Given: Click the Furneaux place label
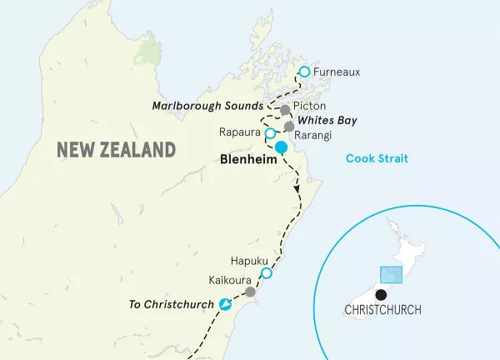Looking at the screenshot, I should pyautogui.click(x=338, y=72).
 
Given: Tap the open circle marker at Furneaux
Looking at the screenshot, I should pyautogui.click(x=304, y=72).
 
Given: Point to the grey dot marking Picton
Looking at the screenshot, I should pyautogui.click(x=286, y=110).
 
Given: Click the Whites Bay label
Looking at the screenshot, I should pyautogui.click(x=327, y=121).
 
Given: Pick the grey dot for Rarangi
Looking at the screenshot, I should pyautogui.click(x=289, y=127).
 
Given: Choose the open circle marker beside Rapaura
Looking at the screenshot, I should pyautogui.click(x=269, y=133).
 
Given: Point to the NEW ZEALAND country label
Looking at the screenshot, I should pyautogui.click(x=116, y=150).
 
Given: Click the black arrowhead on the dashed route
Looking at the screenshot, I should pyautogui.click(x=297, y=192).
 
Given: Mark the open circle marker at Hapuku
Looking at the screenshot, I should pyautogui.click(x=267, y=273).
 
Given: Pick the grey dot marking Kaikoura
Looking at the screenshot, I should pyautogui.click(x=250, y=292).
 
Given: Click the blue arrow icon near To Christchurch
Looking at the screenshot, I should pyautogui.click(x=224, y=305).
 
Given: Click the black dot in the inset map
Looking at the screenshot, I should pyautogui.click(x=381, y=294).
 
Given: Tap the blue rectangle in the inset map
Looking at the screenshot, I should pyautogui.click(x=392, y=275).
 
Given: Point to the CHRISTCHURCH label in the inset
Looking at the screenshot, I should pyautogui.click(x=382, y=310).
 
